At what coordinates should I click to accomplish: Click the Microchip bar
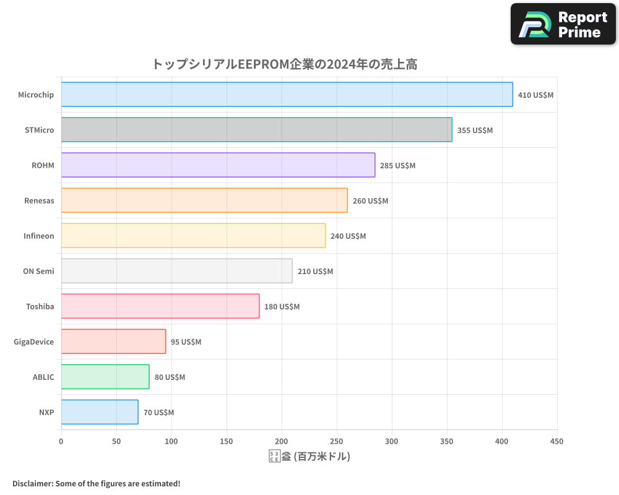pyautogui.click(x=287, y=95)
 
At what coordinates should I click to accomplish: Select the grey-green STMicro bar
pyautogui.click(x=256, y=130)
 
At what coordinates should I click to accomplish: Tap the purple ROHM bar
pyautogui.click(x=218, y=165)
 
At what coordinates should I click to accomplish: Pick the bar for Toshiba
pyautogui.click(x=160, y=306)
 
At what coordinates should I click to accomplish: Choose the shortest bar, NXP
pyautogui.click(x=100, y=412)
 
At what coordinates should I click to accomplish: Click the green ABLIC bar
pyautogui.click(x=105, y=377)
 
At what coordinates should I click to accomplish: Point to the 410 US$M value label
pyautogui.click(x=535, y=95)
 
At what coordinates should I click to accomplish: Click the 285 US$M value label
pyautogui.click(x=397, y=166)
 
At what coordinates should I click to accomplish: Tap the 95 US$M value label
pyautogui.click(x=186, y=342)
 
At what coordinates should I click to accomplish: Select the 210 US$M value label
pyautogui.click(x=315, y=272)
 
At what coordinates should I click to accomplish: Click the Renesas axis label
pyautogui.click(x=39, y=200)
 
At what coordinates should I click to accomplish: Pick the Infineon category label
pyautogui.click(x=38, y=236)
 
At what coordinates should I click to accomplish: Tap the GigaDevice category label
pyautogui.click(x=34, y=342)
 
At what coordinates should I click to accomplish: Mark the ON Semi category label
pyautogui.click(x=38, y=271)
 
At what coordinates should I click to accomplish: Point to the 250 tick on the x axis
pyautogui.click(x=337, y=441)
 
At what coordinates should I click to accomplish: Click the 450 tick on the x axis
pyautogui.click(x=557, y=441)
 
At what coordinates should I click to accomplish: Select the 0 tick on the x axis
pyautogui.click(x=61, y=441)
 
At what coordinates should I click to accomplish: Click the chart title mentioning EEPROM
pyautogui.click(x=284, y=64)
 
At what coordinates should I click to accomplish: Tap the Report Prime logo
pyautogui.click(x=563, y=24)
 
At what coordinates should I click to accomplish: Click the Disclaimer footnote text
pyautogui.click(x=97, y=483)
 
